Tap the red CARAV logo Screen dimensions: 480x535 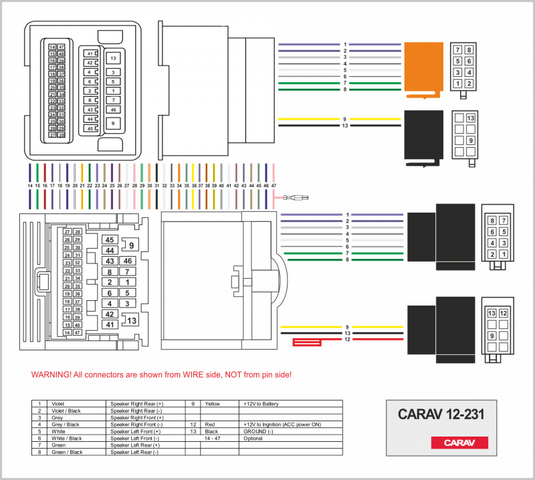point(459,443)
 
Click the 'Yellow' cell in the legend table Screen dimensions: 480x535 point(212,404)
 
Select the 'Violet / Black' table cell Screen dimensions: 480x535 point(66,411)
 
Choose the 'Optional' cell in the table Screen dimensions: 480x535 point(253,438)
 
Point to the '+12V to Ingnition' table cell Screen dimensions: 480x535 point(282,425)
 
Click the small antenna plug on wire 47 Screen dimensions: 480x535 point(294,198)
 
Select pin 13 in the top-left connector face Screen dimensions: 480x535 point(113,58)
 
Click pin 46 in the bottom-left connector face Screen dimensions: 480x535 point(127,261)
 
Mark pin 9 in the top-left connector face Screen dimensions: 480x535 point(113,123)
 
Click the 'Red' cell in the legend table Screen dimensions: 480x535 point(210,425)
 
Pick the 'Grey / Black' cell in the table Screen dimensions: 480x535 point(64,425)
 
